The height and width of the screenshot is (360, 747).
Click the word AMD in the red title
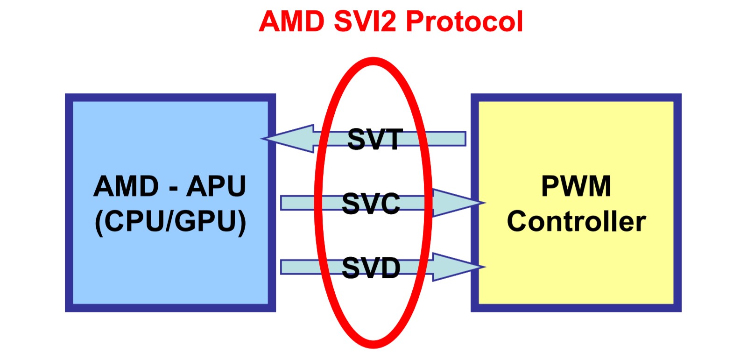pyautogui.click(x=291, y=21)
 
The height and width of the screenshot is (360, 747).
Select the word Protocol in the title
pyautogui.click(x=465, y=21)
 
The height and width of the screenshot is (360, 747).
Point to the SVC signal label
pyautogui.click(x=371, y=204)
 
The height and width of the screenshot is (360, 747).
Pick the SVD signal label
pyautogui.click(x=371, y=268)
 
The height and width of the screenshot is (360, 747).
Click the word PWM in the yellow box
pyautogui.click(x=576, y=186)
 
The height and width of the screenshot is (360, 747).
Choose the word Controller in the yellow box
pyautogui.click(x=576, y=221)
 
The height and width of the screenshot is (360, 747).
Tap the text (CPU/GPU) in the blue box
pyautogui.click(x=170, y=221)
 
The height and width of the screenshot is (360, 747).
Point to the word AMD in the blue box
pyautogui.click(x=126, y=186)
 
